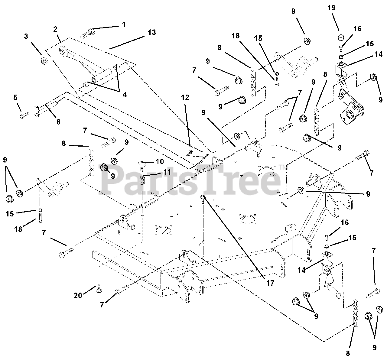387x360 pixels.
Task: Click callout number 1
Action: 123,25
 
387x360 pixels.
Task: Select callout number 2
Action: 55,30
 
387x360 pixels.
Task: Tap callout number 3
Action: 26,37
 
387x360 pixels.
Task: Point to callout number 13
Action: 152,33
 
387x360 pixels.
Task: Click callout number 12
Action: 185,98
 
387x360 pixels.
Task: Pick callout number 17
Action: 270,283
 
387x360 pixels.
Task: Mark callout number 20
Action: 78,295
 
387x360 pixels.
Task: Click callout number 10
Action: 159,161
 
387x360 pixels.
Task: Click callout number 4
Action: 125,95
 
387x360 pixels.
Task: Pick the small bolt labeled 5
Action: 24,115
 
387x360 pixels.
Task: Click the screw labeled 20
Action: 99,290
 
